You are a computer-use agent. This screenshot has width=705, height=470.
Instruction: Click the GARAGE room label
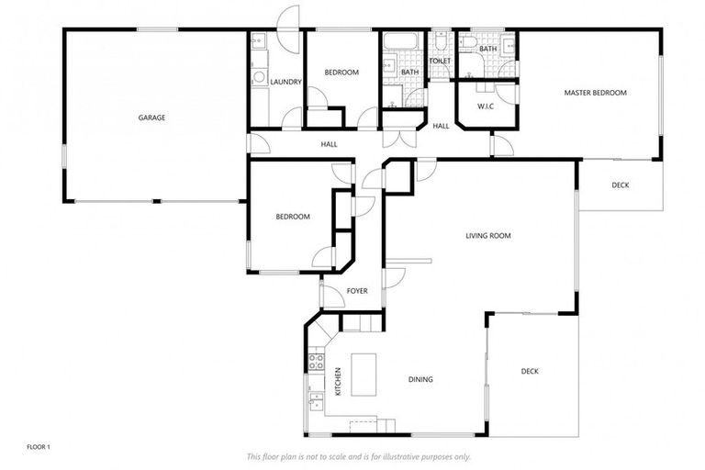pyautogui.click(x=151, y=117)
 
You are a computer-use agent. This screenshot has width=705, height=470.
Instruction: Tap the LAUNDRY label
pyautogui.click(x=286, y=83)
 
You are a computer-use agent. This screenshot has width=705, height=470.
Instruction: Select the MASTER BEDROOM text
pyautogui.click(x=595, y=93)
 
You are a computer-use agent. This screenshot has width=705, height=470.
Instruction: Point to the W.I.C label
pyautogui.click(x=486, y=106)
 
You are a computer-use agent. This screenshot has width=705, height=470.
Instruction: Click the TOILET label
pyautogui.click(x=441, y=62)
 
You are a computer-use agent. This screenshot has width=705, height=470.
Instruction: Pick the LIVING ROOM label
pyautogui.click(x=487, y=236)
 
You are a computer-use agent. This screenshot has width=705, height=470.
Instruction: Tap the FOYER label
pyautogui.click(x=356, y=291)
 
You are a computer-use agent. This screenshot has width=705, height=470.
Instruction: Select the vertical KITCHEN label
pyautogui.click(x=338, y=380)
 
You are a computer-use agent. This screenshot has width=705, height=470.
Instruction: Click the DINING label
pyautogui.click(x=420, y=379)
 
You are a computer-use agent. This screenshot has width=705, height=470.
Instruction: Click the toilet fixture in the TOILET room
pyautogui.click(x=441, y=40)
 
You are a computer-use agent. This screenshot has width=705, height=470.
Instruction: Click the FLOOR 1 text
pyautogui.click(x=38, y=447)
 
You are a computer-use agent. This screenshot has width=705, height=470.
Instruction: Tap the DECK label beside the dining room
pyautogui.click(x=530, y=372)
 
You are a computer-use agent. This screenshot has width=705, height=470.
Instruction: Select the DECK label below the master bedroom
pyautogui.click(x=621, y=185)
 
